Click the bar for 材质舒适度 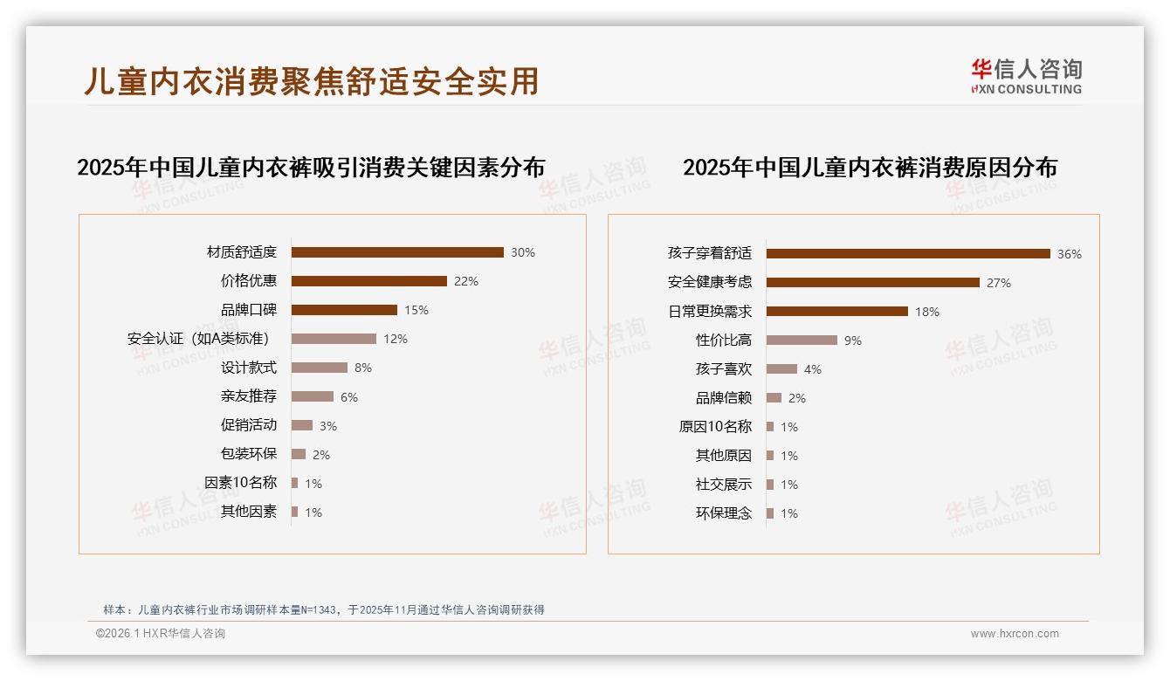click(397, 252)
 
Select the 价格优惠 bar click(368, 281)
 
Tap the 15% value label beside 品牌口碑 click(416, 310)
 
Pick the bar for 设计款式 click(319, 368)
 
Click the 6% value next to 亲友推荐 click(349, 397)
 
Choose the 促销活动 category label click(249, 425)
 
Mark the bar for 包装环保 click(298, 454)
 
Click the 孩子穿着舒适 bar click(908, 254)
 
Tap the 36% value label click(1070, 254)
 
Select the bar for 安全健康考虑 click(873, 283)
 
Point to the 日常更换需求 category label click(710, 312)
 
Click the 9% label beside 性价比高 click(853, 340)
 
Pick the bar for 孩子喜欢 click(781, 369)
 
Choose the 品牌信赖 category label click(724, 398)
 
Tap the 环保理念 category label click(724, 513)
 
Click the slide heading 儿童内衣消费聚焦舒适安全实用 click(312, 80)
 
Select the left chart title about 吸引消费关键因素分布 click(311, 167)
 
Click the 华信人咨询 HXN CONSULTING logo click(1026, 76)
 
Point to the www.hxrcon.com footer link click(1015, 634)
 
